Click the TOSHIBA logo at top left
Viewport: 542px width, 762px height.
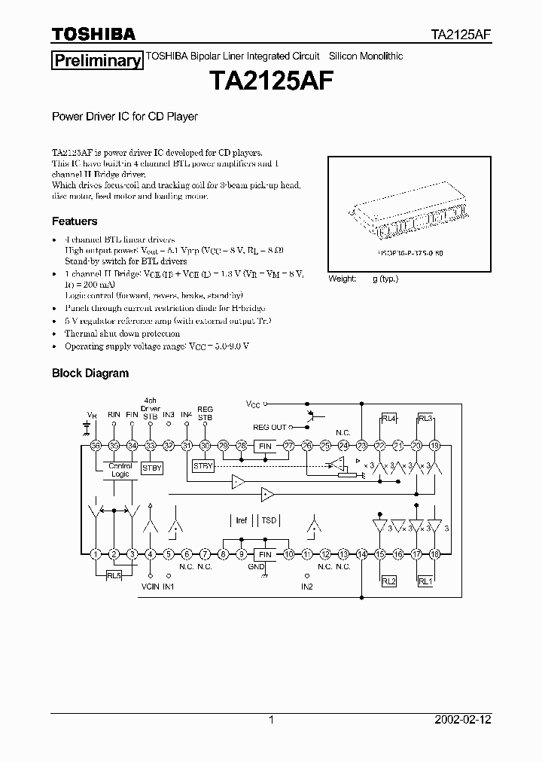pyautogui.click(x=93, y=34)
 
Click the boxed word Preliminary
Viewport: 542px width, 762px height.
pyautogui.click(x=96, y=61)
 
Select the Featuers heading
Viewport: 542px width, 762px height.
pyautogui.click(x=75, y=221)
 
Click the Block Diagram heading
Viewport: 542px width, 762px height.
pyautogui.click(x=90, y=373)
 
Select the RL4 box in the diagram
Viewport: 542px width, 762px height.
pyautogui.click(x=389, y=419)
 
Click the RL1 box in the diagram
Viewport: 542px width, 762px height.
pyautogui.click(x=425, y=581)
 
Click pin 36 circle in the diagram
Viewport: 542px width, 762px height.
pyautogui.click(x=96, y=446)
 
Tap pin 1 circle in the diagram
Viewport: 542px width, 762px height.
pyautogui.click(x=96, y=554)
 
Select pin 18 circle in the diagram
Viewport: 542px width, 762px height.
pyautogui.click(x=435, y=554)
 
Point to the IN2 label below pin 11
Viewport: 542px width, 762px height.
pyautogui.click(x=307, y=587)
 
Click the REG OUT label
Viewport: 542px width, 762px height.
pyautogui.click(x=269, y=428)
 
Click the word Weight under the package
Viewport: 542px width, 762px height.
pyautogui.click(x=343, y=279)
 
